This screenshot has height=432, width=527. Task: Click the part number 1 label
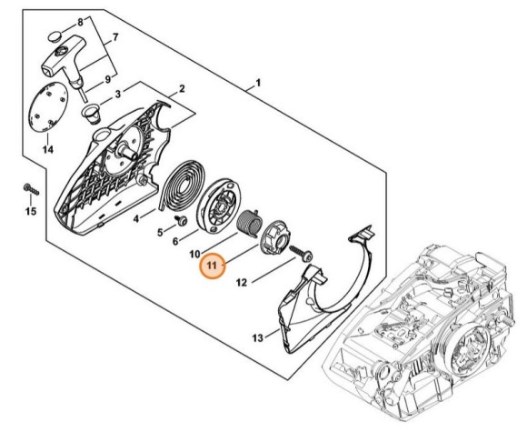coord(258,83)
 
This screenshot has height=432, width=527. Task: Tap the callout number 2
coord(182,89)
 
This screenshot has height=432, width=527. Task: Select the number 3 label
coord(118,95)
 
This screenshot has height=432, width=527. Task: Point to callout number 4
coord(135,219)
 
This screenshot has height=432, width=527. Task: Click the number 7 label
coord(115,37)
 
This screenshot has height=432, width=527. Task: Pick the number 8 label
coord(80,23)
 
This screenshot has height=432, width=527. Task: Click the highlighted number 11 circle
coord(213,266)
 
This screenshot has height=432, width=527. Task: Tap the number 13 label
coord(258,337)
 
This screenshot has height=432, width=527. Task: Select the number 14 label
coord(48,149)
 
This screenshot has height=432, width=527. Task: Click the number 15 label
coord(31,211)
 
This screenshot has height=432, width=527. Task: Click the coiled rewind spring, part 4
coord(182,185)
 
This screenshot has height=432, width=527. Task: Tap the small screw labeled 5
coord(182,220)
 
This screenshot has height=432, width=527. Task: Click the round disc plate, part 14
coord(47,108)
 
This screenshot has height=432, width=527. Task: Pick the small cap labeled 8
coord(55,36)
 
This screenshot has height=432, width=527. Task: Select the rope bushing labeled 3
coord(92,114)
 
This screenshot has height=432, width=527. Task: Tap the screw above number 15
coord(31,189)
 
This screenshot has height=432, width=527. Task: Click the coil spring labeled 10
coord(249,223)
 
